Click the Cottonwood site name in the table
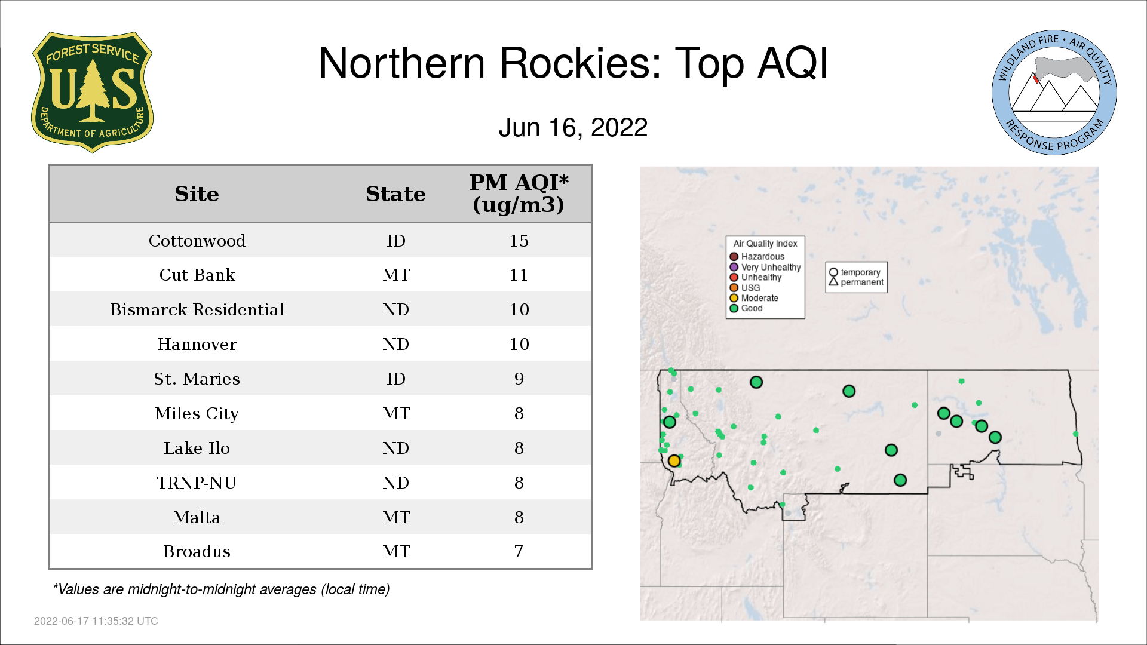(x=197, y=241)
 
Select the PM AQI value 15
(x=519, y=241)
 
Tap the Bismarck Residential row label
(x=197, y=309)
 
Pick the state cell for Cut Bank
(x=396, y=275)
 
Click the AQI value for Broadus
(x=519, y=551)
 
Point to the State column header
(x=395, y=193)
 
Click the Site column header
(x=197, y=193)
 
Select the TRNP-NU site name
(x=197, y=483)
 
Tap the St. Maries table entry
(x=197, y=379)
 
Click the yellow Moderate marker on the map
(x=674, y=461)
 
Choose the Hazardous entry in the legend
(x=757, y=257)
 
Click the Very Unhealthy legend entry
(x=765, y=267)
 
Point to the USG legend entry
(x=745, y=288)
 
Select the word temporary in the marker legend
(x=860, y=272)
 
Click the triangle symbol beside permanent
(x=833, y=281)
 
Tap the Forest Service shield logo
(x=92, y=93)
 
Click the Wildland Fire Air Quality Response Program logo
(x=1054, y=93)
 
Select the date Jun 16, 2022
(x=573, y=127)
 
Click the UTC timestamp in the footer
(x=96, y=621)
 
